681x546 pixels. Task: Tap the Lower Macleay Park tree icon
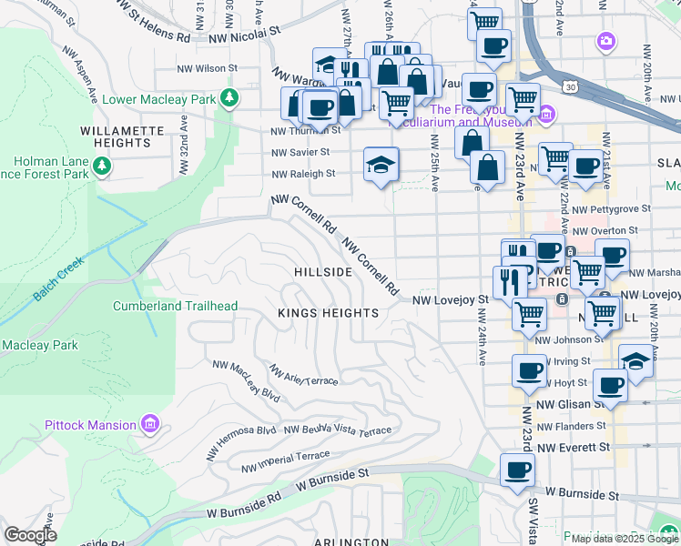pyautogui.click(x=231, y=96)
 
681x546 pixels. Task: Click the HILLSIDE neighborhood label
pyautogui.click(x=323, y=272)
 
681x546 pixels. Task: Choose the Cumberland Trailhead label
pyautogui.click(x=175, y=306)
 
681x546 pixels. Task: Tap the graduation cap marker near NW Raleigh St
pyautogui.click(x=381, y=164)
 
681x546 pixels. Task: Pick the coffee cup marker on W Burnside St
pyautogui.click(x=517, y=470)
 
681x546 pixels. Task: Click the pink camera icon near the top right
pyautogui.click(x=605, y=41)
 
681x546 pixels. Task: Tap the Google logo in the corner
pyautogui.click(x=30, y=535)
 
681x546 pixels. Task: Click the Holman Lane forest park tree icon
pyautogui.click(x=102, y=165)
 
